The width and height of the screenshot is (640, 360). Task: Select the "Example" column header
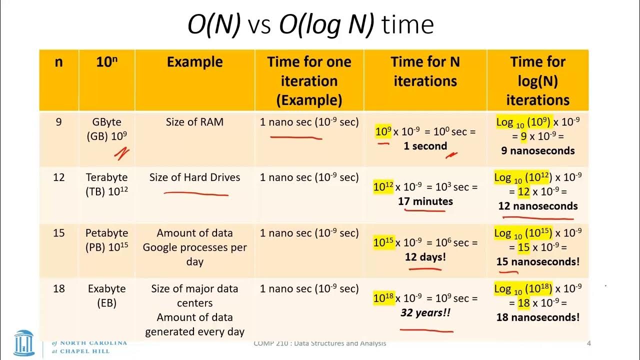[194, 62]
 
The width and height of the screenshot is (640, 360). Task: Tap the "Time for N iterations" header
[425, 71]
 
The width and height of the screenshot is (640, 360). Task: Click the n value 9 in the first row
[58, 122]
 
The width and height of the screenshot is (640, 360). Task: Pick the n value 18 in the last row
[58, 288]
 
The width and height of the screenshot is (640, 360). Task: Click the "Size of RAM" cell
[194, 122]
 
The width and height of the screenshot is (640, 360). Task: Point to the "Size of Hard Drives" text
[194, 177]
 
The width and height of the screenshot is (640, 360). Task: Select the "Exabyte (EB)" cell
[106, 295]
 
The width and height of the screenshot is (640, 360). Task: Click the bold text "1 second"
[425, 146]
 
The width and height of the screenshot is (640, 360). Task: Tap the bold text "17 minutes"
[425, 201]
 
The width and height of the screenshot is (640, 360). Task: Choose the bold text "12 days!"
[425, 257]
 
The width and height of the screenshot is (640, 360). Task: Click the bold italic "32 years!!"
[425, 313]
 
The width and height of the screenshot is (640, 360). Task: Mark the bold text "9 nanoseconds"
[537, 150]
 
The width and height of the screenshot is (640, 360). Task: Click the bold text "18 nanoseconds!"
[537, 317]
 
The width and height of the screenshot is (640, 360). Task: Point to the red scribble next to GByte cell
[121, 153]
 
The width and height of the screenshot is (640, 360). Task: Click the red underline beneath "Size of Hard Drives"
[195, 193]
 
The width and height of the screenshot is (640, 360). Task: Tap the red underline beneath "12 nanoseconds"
[537, 218]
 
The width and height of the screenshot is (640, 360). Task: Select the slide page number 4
[588, 343]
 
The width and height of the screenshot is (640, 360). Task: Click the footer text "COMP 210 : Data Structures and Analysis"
[319, 343]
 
